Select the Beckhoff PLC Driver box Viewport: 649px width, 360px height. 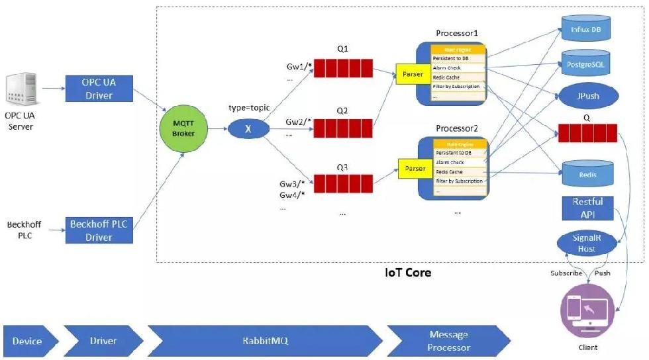[99, 230]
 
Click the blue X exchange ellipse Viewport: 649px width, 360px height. [248, 129]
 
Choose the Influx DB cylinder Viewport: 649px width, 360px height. [587, 28]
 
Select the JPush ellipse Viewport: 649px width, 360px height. [587, 96]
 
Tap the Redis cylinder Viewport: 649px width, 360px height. [587, 173]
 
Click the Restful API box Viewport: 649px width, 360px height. [587, 208]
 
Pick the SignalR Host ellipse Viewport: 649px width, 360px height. [587, 243]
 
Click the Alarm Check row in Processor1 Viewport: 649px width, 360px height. [458, 67]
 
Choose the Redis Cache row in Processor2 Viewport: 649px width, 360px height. [461, 171]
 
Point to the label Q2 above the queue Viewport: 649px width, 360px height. [342, 111]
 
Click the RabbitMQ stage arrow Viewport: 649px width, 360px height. [265, 341]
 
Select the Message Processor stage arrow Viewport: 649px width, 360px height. [448, 341]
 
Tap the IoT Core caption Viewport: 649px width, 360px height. [408, 272]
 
